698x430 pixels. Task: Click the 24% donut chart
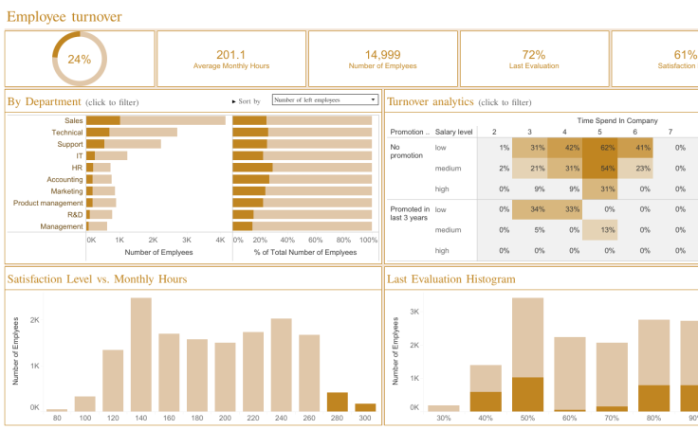pyautogui.click(x=79, y=59)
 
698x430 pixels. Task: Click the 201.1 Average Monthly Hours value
pyautogui.click(x=230, y=55)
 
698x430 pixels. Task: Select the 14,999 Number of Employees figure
pyautogui.click(x=382, y=55)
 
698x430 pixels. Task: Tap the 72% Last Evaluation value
pyautogui.click(x=534, y=55)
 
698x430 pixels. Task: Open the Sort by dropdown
pyautogui.click(x=325, y=99)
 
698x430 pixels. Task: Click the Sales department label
pyautogui.click(x=74, y=120)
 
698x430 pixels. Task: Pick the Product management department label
pyautogui.click(x=48, y=203)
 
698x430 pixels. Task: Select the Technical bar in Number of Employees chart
pyautogui.click(x=132, y=133)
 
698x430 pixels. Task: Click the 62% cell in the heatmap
pyautogui.click(x=599, y=148)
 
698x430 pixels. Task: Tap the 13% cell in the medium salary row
pyautogui.click(x=599, y=230)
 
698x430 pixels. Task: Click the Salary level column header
pyautogui.click(x=454, y=133)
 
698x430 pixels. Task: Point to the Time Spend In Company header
pyautogui.click(x=617, y=121)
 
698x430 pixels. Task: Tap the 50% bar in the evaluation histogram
pyautogui.click(x=528, y=354)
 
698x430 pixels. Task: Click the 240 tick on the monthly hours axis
pyautogui.click(x=281, y=418)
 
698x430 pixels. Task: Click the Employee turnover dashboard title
pyautogui.click(x=64, y=16)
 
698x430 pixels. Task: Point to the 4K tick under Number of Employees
pyautogui.click(x=220, y=241)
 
